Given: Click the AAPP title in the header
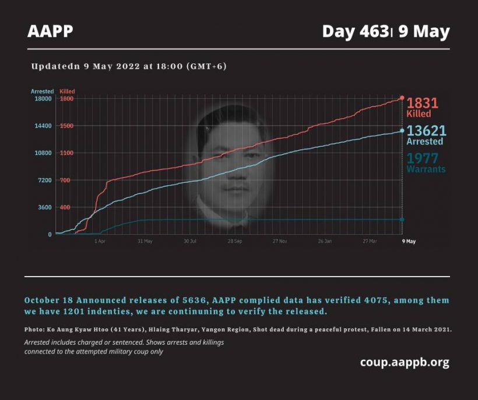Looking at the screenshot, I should (50, 31).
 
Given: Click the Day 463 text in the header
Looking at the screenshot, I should (355, 31).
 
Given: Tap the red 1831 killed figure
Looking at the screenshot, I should (422, 104).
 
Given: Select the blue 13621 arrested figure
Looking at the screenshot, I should (426, 132).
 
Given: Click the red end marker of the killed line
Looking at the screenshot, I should (402, 98).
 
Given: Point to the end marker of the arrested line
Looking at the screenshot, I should (402, 130).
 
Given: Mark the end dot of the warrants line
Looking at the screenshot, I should (402, 220).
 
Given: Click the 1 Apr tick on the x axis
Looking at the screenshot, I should (100, 240).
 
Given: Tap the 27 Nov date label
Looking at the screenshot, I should (279, 240).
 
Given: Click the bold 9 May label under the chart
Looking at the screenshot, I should (409, 240).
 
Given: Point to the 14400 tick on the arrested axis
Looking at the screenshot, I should (44, 126).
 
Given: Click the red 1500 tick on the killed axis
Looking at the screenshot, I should (65, 126).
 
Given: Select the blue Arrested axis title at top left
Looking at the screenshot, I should (42, 91).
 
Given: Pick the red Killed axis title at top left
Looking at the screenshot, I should (67, 91).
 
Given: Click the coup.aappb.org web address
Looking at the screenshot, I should (405, 362).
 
